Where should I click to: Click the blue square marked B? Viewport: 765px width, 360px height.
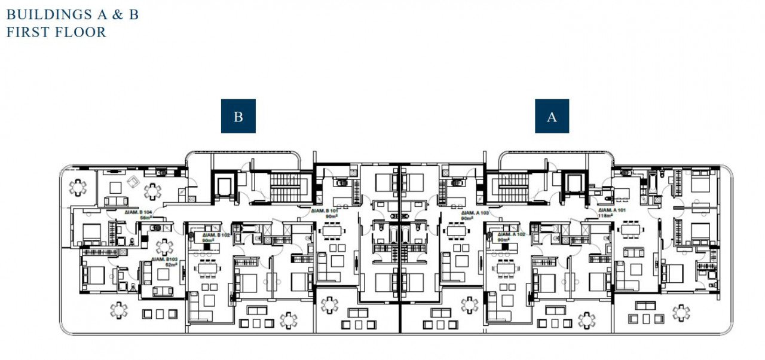pyautogui.click(x=238, y=116)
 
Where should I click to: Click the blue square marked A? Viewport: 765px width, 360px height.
pyautogui.click(x=552, y=116)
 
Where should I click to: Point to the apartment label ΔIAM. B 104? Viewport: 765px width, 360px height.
pyautogui.click(x=139, y=212)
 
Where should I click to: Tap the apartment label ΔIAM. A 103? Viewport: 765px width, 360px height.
pyautogui.click(x=476, y=212)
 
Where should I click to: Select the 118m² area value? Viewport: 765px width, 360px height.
pyautogui.click(x=608, y=216)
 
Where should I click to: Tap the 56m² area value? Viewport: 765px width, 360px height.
pyautogui.click(x=145, y=218)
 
